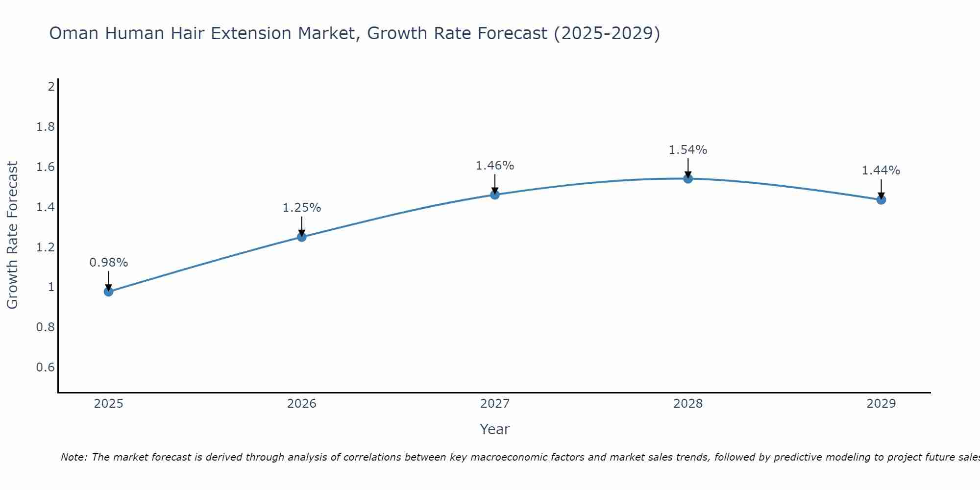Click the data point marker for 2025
pos(108,292)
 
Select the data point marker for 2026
pos(301,237)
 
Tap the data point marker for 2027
pos(495,195)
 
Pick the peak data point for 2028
pos(688,178)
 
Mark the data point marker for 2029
pos(881,199)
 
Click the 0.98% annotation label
pos(108,263)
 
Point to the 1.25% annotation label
pos(301,208)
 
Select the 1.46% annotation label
pos(495,166)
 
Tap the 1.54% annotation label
pos(688,150)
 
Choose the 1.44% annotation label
pos(881,171)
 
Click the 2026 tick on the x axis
pos(301,404)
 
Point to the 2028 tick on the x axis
pos(688,404)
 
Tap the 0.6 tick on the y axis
pos(46,367)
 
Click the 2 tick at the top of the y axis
pos(51,87)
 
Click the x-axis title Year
pos(495,429)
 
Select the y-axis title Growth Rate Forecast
pos(12,235)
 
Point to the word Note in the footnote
pos(73,457)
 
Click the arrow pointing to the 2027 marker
pos(495,184)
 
